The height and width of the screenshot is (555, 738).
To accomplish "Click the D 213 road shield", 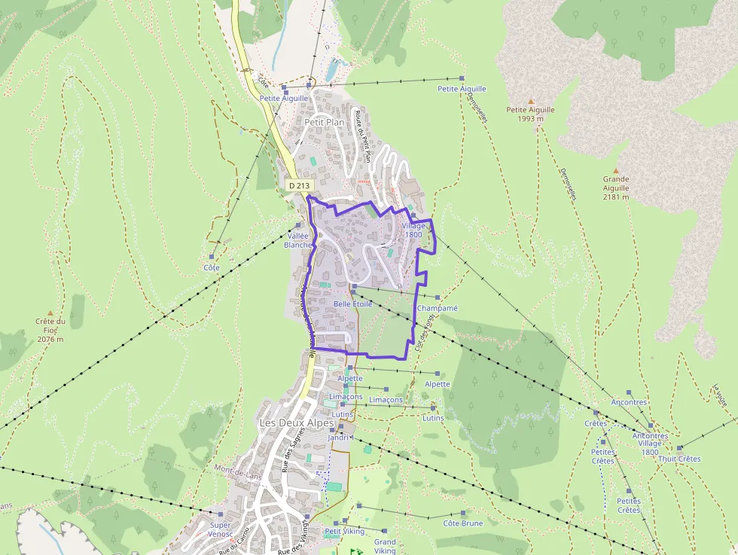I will pos(299,185).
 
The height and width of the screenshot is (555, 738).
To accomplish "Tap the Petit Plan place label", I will pos(324,122).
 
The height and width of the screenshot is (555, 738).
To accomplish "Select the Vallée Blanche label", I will pos(297,239).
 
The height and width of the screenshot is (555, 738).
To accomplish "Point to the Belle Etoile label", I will pos(352,304).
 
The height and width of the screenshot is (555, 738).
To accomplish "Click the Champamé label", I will pos(437,308).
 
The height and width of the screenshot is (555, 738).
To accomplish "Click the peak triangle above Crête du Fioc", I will pos(50,313).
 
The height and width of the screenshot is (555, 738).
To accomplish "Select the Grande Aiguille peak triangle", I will pos(615,170).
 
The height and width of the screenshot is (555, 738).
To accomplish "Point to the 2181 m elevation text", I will pos(615,197).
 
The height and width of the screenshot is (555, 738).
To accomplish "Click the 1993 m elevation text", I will pos(530,118).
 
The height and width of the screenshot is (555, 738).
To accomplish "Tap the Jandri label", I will pos(339,438).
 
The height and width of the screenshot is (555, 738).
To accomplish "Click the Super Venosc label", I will pos(220,529).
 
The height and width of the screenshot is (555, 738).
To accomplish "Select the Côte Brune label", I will pos(462,523).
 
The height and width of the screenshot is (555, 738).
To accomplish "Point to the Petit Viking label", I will pos(344,531).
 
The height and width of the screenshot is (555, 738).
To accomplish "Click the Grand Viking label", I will pos(385,546).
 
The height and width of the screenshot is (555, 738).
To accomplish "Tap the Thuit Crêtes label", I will pos(679,459).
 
